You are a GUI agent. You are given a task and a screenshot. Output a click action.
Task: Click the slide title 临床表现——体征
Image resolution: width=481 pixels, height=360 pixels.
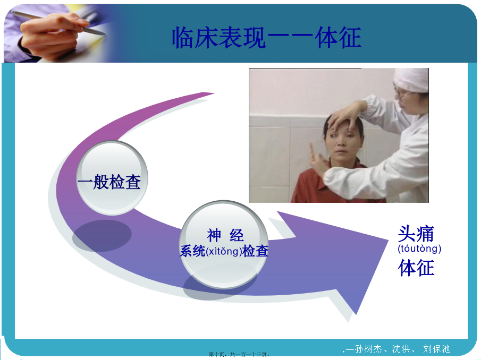click(266, 37)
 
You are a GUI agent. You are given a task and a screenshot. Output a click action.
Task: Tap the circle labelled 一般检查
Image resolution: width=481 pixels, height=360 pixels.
click(112, 178)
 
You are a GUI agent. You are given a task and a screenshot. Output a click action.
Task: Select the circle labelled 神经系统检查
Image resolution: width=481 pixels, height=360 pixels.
click(224, 244)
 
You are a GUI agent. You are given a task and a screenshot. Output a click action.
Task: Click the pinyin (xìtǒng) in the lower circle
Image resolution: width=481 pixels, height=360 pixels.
click(224, 251)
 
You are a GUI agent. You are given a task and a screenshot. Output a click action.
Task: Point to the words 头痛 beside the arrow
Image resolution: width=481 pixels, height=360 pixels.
click(416, 234)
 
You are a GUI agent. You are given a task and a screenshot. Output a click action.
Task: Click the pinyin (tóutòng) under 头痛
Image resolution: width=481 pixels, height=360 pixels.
click(419, 248)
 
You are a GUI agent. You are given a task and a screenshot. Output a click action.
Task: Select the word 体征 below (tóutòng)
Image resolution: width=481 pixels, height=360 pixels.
click(416, 268)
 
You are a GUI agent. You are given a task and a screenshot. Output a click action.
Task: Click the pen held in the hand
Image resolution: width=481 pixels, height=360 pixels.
click(58, 23)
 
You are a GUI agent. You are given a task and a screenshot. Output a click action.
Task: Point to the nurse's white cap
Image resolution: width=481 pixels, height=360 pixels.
click(411, 80)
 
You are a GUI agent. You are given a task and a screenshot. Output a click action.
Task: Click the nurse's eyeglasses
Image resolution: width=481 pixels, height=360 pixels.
click(401, 94)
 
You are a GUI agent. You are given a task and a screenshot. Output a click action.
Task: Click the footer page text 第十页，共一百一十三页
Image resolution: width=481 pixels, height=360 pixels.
click(239, 355)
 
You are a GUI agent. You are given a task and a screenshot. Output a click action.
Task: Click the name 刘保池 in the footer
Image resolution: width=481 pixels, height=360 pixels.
click(436, 349)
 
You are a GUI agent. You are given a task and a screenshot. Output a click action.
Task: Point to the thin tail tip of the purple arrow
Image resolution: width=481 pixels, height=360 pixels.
click(214, 93)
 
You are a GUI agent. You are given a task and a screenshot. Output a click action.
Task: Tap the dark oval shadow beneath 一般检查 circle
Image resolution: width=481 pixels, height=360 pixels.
click(102, 236)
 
